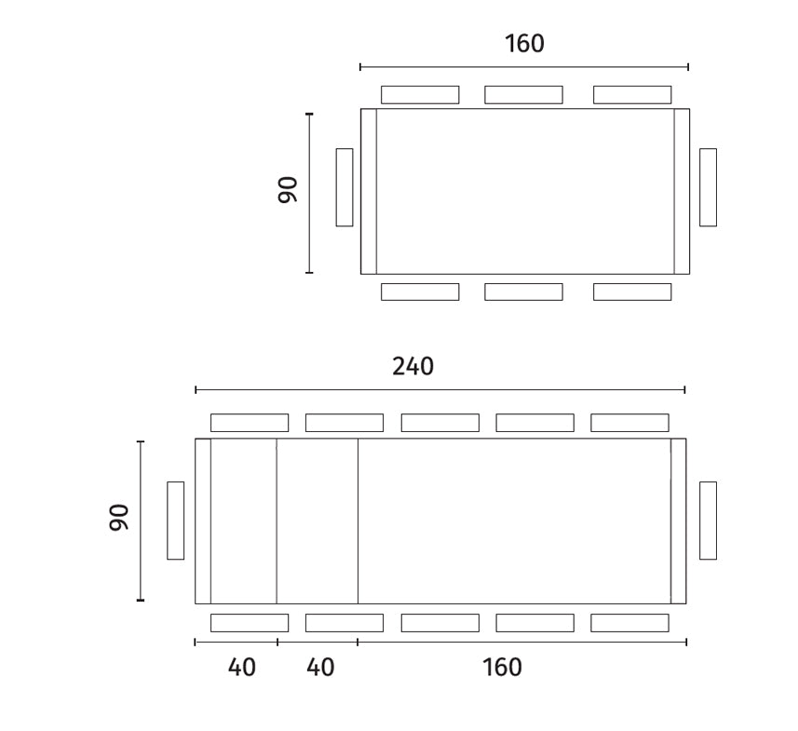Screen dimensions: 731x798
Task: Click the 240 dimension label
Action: click(413, 367)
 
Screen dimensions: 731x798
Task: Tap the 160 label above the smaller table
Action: click(524, 44)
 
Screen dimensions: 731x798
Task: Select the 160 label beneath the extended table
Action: click(503, 668)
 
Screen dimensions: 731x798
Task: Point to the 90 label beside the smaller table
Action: click(287, 190)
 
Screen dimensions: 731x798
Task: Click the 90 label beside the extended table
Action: click(118, 520)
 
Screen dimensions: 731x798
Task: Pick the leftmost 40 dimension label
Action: click(241, 668)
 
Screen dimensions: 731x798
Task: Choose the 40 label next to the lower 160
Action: click(320, 668)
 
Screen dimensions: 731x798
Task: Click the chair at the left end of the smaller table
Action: click(345, 187)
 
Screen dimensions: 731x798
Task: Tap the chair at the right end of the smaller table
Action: click(708, 187)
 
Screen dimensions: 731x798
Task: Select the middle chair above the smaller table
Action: click(523, 95)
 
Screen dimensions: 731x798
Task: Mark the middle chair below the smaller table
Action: click(523, 291)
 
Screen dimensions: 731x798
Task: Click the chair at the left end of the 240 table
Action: click(175, 521)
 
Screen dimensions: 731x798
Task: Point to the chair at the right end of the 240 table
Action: click(708, 521)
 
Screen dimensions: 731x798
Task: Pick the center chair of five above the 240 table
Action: click(440, 423)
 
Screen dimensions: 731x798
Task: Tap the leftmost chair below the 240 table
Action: click(249, 623)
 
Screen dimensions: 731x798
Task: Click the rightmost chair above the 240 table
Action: click(629, 423)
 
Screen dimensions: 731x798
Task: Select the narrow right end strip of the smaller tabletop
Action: click(682, 191)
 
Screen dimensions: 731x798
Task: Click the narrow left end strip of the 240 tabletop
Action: click(203, 521)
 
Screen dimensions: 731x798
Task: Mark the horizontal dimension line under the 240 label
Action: click(440, 389)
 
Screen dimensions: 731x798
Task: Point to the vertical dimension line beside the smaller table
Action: click(309, 194)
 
